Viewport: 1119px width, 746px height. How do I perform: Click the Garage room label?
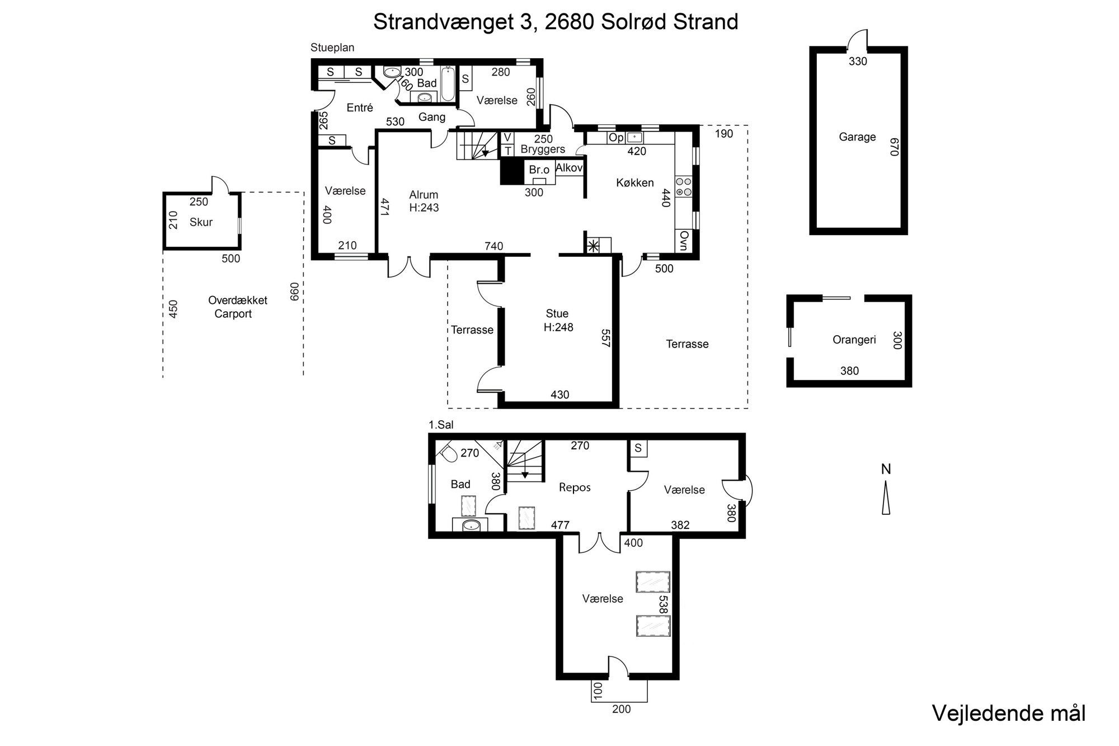coord(857,137)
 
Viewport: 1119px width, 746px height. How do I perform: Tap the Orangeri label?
coord(854,340)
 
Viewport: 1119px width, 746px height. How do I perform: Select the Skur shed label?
coord(201,222)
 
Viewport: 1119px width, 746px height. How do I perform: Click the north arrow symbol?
coord(886,499)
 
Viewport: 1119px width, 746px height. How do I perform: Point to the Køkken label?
coord(635,182)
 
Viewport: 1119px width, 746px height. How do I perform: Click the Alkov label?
coord(570,167)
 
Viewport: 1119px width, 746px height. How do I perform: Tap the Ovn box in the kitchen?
coord(683,241)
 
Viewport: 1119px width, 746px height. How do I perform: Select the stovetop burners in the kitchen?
coord(684,186)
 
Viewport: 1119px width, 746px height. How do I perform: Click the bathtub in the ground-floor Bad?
coord(448,85)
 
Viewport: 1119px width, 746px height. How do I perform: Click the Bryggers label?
coord(543,149)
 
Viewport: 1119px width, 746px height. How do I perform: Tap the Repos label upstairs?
coord(575,487)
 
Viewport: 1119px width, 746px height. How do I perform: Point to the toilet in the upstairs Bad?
coord(448,452)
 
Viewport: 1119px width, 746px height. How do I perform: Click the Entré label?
coord(360,108)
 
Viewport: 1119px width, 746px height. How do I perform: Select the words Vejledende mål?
coord(1009,714)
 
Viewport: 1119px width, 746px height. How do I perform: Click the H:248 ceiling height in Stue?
coord(558,327)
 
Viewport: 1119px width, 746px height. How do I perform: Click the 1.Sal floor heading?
coord(441,425)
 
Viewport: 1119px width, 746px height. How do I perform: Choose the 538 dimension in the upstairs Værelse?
coord(663,604)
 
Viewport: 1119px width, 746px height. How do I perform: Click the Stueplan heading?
coord(332,48)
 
